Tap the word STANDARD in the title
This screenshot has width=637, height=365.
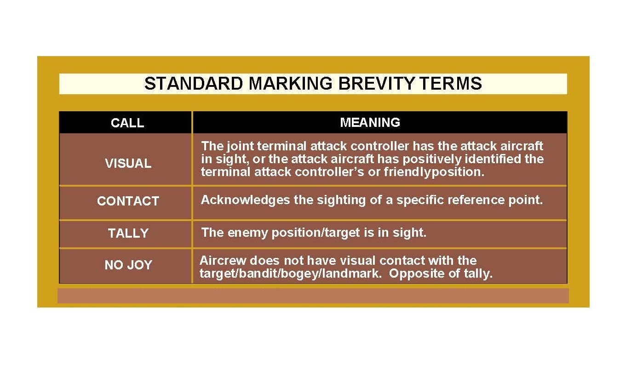coord(194,83)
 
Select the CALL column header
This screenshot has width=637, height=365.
coord(127,123)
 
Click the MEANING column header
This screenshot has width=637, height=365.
coord(370,123)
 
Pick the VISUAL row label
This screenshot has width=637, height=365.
coord(128,164)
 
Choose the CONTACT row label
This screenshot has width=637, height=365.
coord(128,201)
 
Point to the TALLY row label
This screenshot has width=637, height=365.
coord(128,234)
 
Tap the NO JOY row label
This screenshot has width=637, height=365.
coord(128,265)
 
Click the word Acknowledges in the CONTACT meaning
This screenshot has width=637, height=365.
coord(246,200)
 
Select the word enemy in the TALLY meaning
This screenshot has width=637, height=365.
coord(248,233)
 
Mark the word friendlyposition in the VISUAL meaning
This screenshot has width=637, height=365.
coord(434,172)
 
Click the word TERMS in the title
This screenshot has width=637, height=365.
coord(450,83)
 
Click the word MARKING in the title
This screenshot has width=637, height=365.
coord(290,83)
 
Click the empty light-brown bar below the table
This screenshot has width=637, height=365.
coord(313,296)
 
